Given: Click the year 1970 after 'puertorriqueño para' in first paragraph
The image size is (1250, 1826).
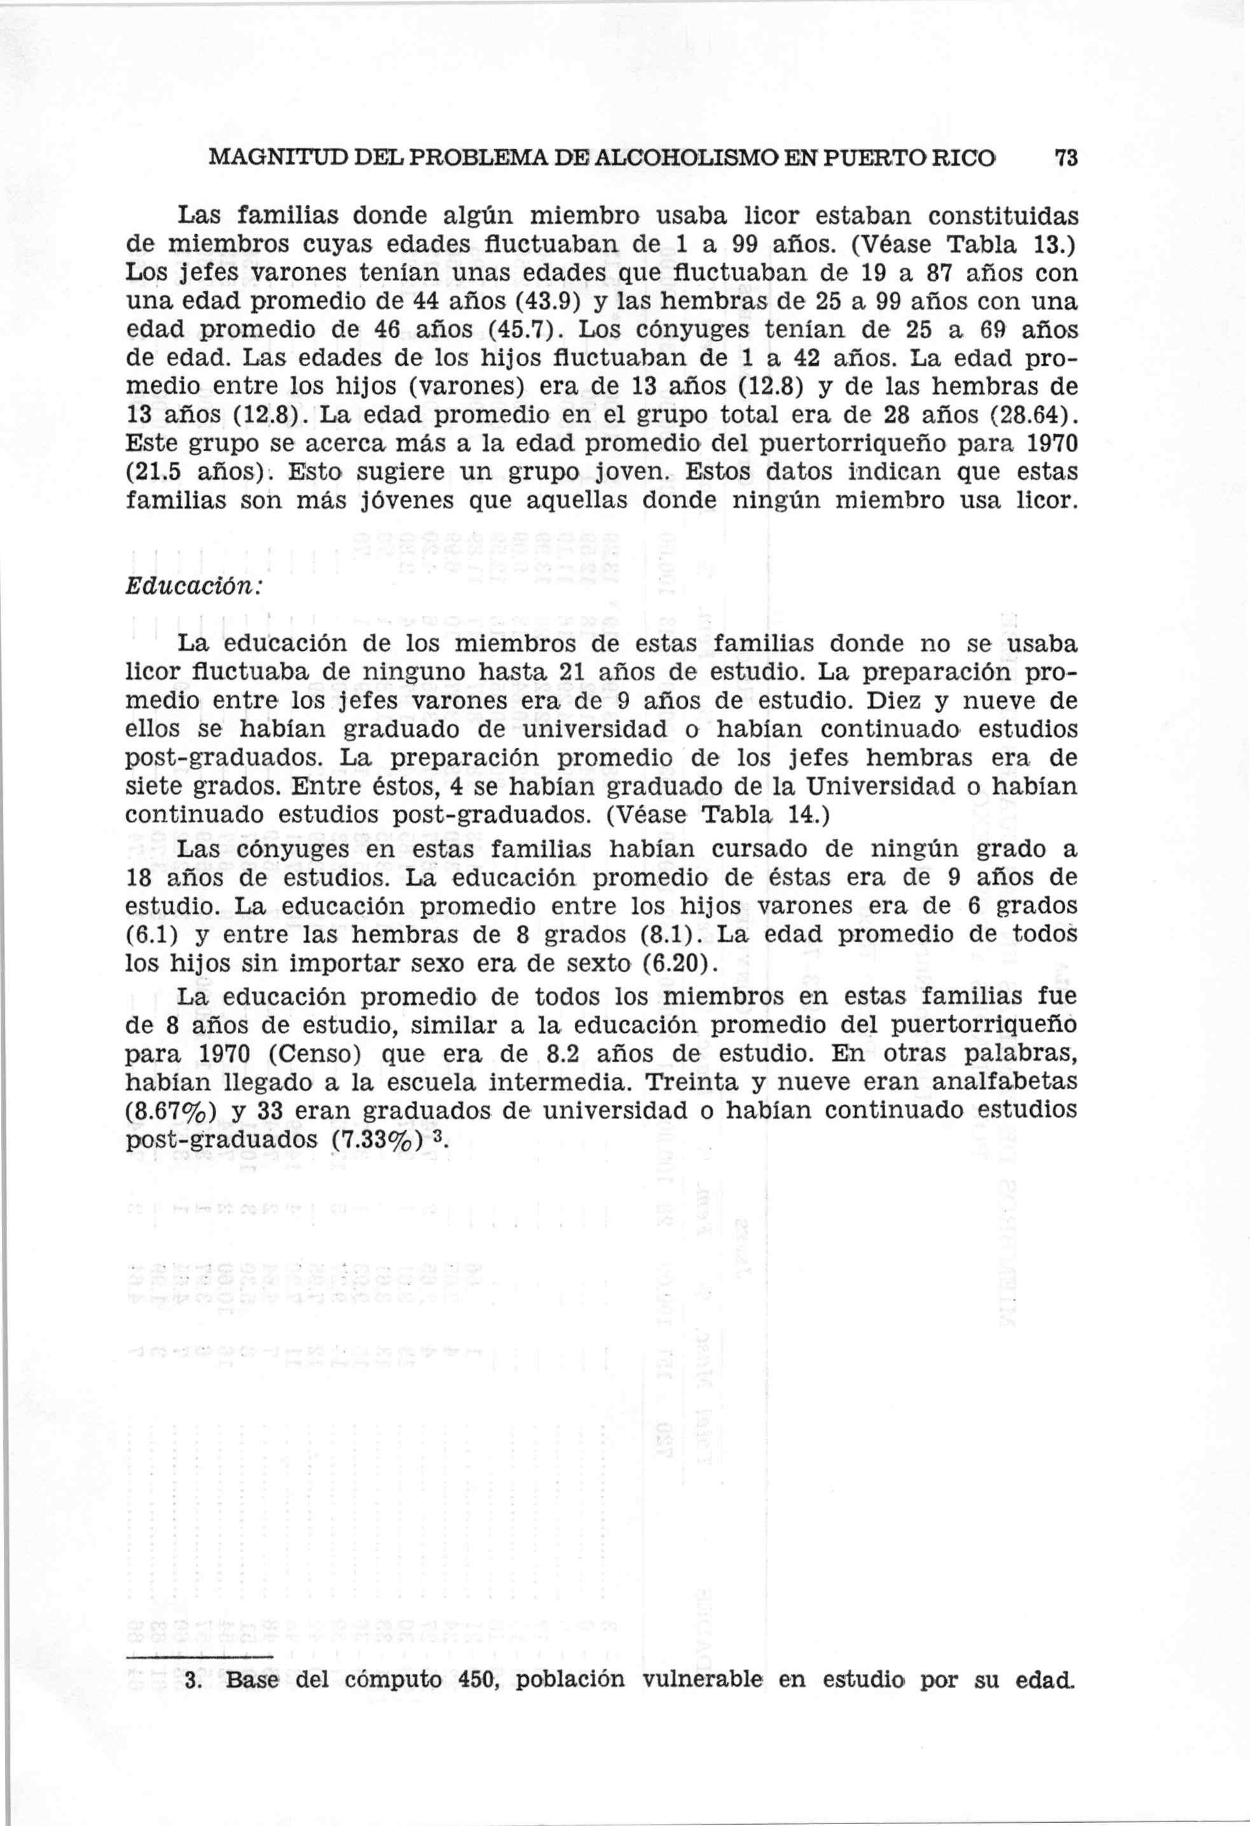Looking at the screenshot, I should [1050, 443].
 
